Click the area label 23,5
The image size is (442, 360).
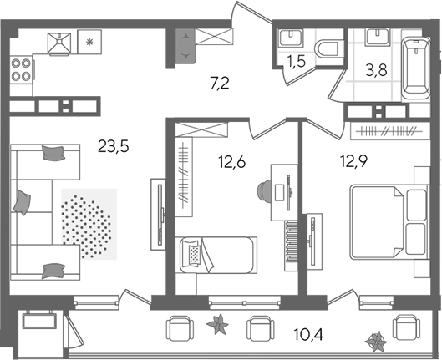[114, 146]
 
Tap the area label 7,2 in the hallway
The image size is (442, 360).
[220, 84]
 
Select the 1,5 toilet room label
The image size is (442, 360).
[297, 61]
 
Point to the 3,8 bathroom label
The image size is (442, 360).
[376, 70]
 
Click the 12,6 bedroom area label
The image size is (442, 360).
[232, 162]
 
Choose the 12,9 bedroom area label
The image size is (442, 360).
[353, 161]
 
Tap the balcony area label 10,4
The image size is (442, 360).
[308, 334]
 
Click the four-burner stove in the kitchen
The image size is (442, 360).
[21, 69]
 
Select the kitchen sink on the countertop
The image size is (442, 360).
[59, 43]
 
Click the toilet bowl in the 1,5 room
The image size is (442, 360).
[328, 49]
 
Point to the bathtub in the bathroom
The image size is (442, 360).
[416, 68]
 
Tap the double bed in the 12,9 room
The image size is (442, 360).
[389, 221]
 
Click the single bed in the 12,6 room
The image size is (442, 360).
[216, 255]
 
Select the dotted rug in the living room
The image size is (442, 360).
[89, 224]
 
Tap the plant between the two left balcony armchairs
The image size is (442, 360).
[217, 324]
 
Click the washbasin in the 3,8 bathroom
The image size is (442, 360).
[378, 37]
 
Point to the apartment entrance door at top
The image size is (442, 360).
[251, 12]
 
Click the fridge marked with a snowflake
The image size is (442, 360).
[89, 42]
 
